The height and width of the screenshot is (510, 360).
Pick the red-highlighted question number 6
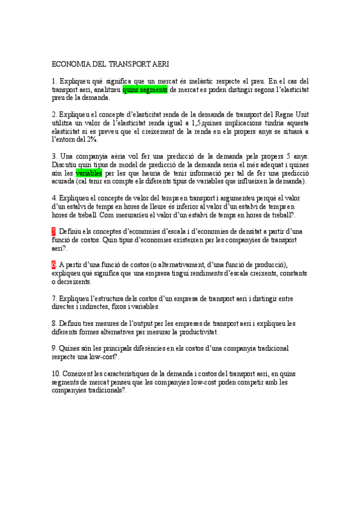click(53, 265)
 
